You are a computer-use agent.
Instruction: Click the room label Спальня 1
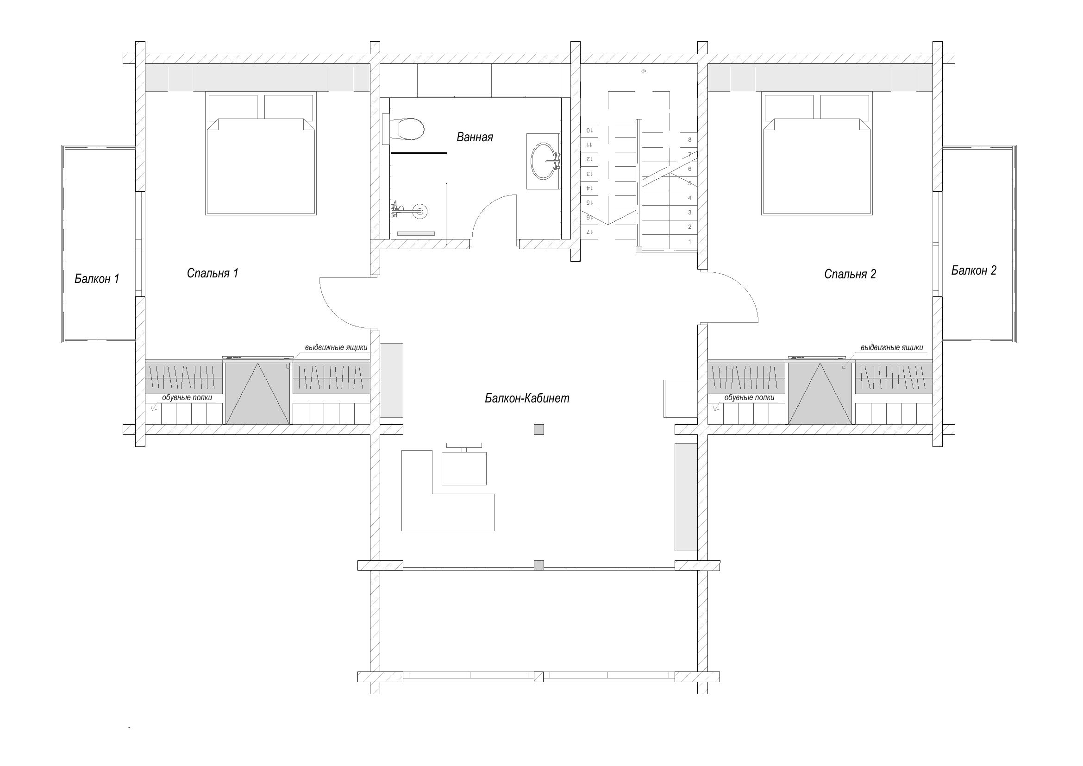click(213, 273)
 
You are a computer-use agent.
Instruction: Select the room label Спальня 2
click(850, 274)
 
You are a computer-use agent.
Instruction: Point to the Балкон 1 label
click(97, 279)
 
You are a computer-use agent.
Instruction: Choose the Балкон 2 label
click(974, 270)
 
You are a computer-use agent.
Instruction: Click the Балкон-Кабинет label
click(527, 399)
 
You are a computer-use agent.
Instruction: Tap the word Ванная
click(475, 137)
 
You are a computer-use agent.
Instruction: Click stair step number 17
click(588, 232)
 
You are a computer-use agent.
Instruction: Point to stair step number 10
click(589, 130)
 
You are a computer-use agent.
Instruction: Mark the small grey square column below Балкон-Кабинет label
click(538, 429)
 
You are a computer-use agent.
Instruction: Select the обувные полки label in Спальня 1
click(187, 398)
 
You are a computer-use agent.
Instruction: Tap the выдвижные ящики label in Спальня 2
click(891, 348)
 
